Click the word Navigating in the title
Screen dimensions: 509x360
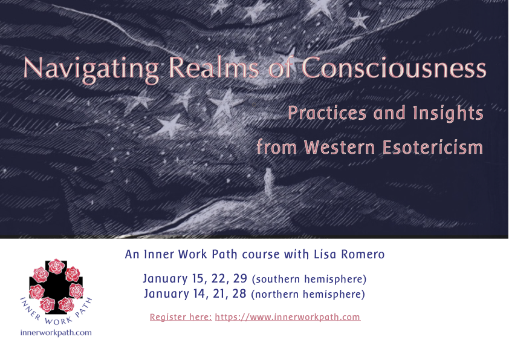click(x=91, y=70)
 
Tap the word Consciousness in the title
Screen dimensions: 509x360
click(x=394, y=68)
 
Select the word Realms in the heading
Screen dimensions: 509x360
click(x=213, y=68)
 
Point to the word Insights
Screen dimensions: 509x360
click(x=449, y=113)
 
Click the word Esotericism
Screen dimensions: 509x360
click(x=433, y=147)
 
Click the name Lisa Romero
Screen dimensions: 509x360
click(x=349, y=254)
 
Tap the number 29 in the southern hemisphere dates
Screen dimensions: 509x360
click(x=240, y=278)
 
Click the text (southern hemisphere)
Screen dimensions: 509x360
click(x=309, y=279)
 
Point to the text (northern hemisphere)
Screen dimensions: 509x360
click(x=308, y=295)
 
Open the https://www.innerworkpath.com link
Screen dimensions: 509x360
click(x=288, y=317)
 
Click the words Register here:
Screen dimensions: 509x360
click(x=181, y=317)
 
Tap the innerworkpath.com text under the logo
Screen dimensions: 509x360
click(x=56, y=333)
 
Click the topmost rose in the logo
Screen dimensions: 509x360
click(x=56, y=266)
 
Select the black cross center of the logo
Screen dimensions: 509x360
click(x=56, y=287)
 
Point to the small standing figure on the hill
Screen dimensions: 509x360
click(x=268, y=183)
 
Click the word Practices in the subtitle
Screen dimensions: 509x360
click(x=327, y=113)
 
